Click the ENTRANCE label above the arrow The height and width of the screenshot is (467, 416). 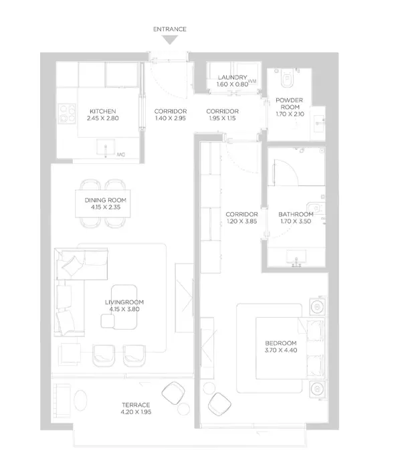click(x=170, y=29)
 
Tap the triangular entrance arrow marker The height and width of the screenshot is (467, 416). click(x=170, y=40)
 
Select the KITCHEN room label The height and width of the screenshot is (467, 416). click(x=103, y=111)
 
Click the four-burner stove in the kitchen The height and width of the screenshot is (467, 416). click(x=67, y=114)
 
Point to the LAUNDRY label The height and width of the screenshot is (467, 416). click(x=232, y=78)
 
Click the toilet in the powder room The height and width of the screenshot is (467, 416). click(x=287, y=78)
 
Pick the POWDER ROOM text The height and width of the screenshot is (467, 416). click(x=290, y=104)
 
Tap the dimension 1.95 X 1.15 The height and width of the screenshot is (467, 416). click(x=222, y=118)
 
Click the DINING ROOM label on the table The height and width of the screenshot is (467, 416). click(x=106, y=200)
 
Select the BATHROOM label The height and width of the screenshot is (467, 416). click(x=296, y=215)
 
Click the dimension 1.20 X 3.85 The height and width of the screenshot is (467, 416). click(x=241, y=221)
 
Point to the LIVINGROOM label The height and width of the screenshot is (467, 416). click(x=124, y=302)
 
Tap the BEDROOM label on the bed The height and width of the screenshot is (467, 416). click(x=281, y=343)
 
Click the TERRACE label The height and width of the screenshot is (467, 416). click(x=136, y=405)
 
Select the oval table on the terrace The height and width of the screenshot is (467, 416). click(x=80, y=401)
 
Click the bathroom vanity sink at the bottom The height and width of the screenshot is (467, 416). click(x=296, y=258)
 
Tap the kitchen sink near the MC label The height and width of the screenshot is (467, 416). click(x=106, y=147)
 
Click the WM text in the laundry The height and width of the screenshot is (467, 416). click(x=252, y=81)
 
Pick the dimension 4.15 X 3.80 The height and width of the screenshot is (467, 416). click(x=124, y=309)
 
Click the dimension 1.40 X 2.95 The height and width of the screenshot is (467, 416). click(x=171, y=118)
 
